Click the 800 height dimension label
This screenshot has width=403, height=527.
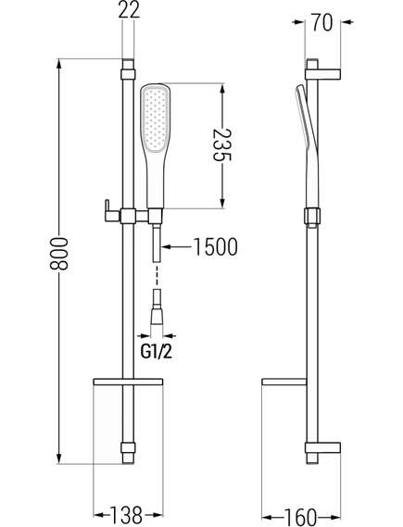(x=58, y=254)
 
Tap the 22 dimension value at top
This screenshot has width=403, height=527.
(x=129, y=10)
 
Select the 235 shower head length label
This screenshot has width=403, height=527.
(x=222, y=145)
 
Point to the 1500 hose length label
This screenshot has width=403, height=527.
(x=216, y=247)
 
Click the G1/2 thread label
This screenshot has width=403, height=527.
(x=157, y=352)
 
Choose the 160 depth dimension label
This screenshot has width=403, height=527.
(x=301, y=516)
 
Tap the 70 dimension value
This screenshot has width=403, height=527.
(x=321, y=22)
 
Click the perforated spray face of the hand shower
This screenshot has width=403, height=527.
(x=156, y=119)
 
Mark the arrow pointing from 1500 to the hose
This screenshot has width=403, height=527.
(x=177, y=247)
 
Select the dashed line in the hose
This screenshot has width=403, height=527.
(x=157, y=275)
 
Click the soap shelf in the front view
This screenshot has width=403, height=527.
(x=128, y=382)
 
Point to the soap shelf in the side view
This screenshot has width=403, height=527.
(x=284, y=382)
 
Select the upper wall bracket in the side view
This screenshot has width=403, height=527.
(x=323, y=74)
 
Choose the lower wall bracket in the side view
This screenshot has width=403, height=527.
(x=323, y=448)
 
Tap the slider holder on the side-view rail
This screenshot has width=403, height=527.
(x=312, y=217)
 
